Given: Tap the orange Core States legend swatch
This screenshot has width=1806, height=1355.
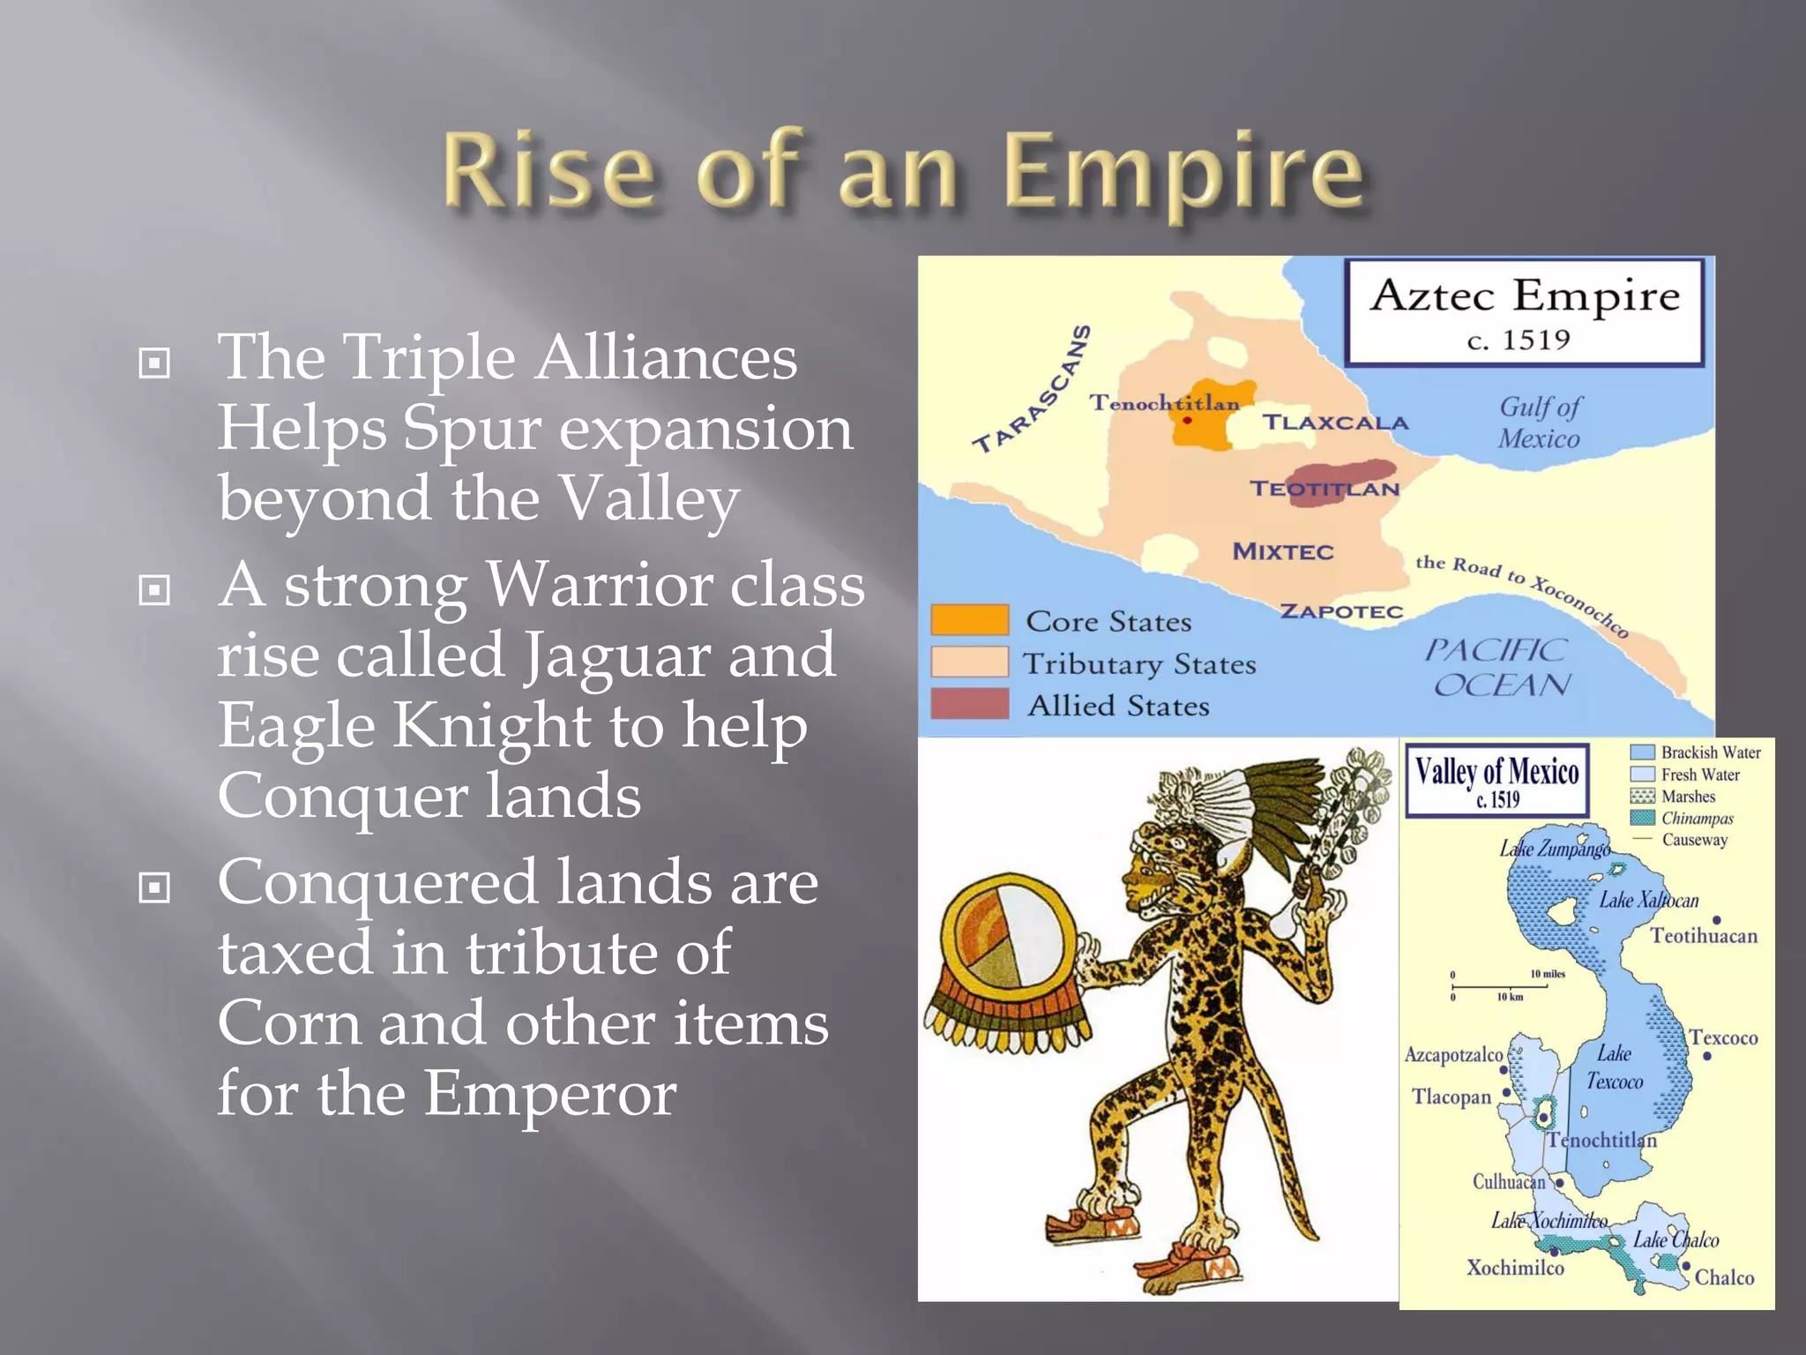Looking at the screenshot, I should [x=969, y=619].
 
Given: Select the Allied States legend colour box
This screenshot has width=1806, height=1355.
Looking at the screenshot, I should [x=969, y=703].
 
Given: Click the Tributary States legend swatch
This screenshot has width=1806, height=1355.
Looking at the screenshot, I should [x=969, y=662].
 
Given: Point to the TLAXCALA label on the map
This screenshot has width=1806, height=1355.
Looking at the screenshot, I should [x=1335, y=423].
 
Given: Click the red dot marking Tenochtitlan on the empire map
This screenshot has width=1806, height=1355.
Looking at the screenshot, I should [x=1187, y=421].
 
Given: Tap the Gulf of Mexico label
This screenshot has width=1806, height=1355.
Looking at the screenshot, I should [x=1540, y=423].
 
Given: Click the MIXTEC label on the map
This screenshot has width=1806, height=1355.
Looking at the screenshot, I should [x=1283, y=552].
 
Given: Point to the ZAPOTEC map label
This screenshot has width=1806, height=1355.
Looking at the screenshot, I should [x=1340, y=611].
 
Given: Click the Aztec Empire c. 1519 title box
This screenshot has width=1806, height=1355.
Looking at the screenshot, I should [x=1524, y=312].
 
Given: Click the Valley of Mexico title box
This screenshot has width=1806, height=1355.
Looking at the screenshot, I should [x=1496, y=779].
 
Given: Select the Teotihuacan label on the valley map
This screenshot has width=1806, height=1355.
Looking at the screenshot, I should [x=1703, y=936].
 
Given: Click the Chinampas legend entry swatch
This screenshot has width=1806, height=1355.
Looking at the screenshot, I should [x=1642, y=818].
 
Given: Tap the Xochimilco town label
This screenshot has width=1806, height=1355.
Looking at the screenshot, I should [x=1515, y=1268].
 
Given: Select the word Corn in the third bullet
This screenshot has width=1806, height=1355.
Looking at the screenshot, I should [x=289, y=1024].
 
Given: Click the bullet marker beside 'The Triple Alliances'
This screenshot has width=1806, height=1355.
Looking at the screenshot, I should [x=154, y=363].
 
